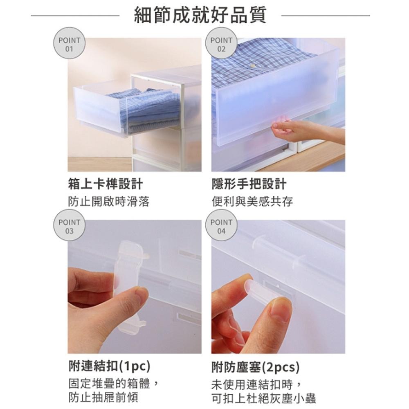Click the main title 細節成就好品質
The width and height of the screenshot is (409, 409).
pos(200,15)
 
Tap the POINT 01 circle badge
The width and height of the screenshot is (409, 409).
pos(70,43)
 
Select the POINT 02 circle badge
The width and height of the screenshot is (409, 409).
pos(221,43)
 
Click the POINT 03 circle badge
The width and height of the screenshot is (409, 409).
pos(70,225)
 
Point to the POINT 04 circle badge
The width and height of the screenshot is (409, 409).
pos(221,225)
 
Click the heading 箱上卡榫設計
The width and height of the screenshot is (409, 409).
pos(106,184)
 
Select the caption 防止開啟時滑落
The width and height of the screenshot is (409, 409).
pos(109,201)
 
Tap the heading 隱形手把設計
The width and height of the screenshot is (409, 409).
pos(249,184)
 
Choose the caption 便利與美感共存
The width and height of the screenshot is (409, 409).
pos(252,201)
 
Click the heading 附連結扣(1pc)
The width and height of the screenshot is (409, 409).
pos(110,366)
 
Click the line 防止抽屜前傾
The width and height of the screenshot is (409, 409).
pos(103,398)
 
